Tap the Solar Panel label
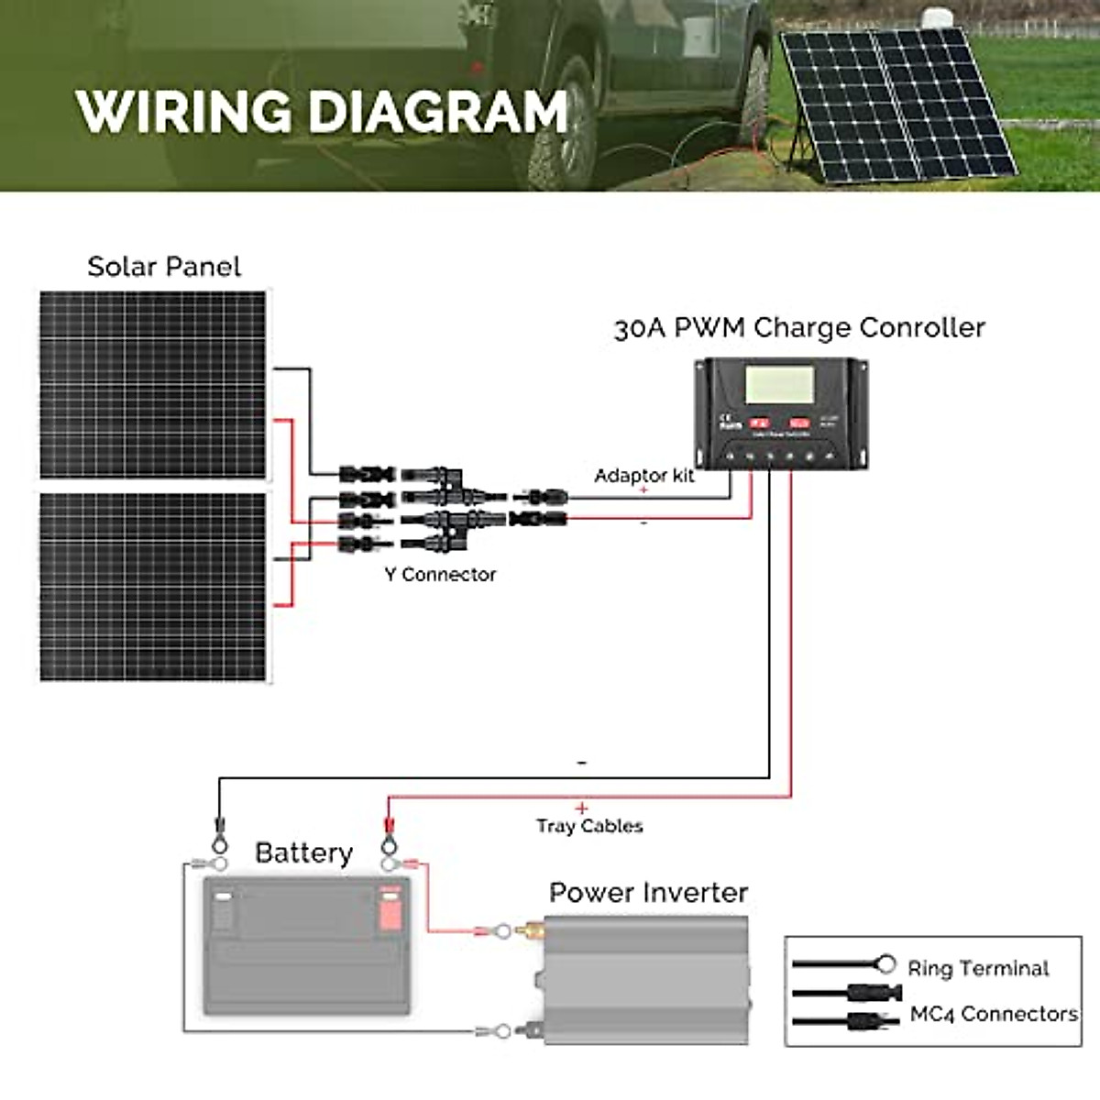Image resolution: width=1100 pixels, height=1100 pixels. pyautogui.click(x=164, y=267)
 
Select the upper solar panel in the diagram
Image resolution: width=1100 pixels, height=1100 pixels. pyautogui.click(x=153, y=385)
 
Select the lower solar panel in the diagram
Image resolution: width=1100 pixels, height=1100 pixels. pyautogui.click(x=153, y=587)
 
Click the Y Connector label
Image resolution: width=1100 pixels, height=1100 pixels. pyautogui.click(x=440, y=575)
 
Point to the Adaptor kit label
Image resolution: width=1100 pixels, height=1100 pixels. pyautogui.click(x=643, y=476)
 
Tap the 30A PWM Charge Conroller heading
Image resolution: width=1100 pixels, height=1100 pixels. pyautogui.click(x=799, y=328)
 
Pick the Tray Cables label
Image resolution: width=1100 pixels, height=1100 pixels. pyautogui.click(x=589, y=826)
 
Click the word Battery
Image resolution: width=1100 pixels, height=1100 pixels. pyautogui.click(x=303, y=853)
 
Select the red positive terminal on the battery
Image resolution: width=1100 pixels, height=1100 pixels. pyautogui.click(x=390, y=907)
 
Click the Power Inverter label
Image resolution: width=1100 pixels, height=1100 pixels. pyautogui.click(x=648, y=893)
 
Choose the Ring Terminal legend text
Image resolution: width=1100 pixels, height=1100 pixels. pyautogui.click(x=978, y=969)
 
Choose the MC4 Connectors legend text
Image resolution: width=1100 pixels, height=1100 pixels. pyautogui.click(x=994, y=1014)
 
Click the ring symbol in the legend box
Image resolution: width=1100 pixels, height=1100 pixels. pyautogui.click(x=885, y=964)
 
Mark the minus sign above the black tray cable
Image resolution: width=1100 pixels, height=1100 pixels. pyautogui.click(x=582, y=763)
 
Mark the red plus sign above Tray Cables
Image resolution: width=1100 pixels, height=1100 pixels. pyautogui.click(x=581, y=808)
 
